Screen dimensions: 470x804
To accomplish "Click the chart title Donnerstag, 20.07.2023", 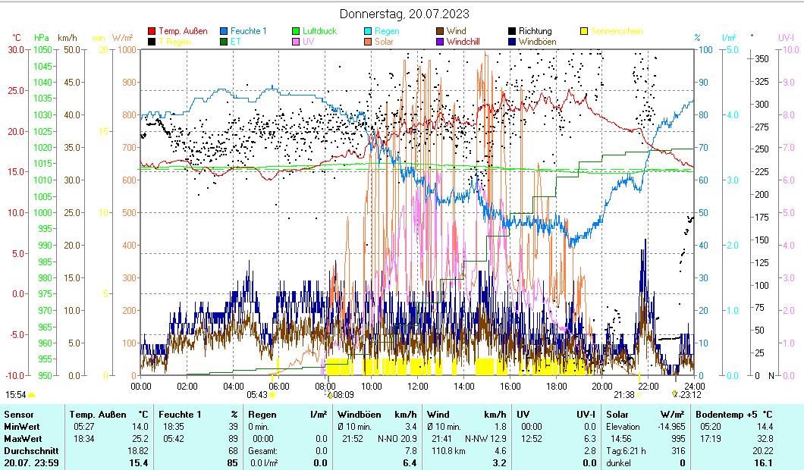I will pyautogui.click(x=404, y=14).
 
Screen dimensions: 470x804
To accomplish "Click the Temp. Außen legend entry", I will pyautogui.click(x=183, y=31).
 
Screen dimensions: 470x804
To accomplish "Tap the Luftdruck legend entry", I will pyautogui.click(x=319, y=31).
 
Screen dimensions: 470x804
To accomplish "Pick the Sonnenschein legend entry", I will pyautogui.click(x=617, y=31).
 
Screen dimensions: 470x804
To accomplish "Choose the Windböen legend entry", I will pyautogui.click(x=540, y=42).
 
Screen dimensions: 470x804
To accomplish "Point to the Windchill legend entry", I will pyautogui.click(x=468, y=42).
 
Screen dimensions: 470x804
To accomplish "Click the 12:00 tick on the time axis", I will pyautogui.click(x=418, y=385).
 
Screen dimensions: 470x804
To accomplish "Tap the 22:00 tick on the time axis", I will pyautogui.click(x=649, y=385).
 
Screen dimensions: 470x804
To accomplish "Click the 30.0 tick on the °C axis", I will pyautogui.click(x=16, y=49).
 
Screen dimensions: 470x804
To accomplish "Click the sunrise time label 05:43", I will pyautogui.click(x=257, y=395).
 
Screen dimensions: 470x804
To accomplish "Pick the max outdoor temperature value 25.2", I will pyautogui.click(x=141, y=439).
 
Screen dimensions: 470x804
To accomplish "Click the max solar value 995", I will pyautogui.click(x=677, y=439).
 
